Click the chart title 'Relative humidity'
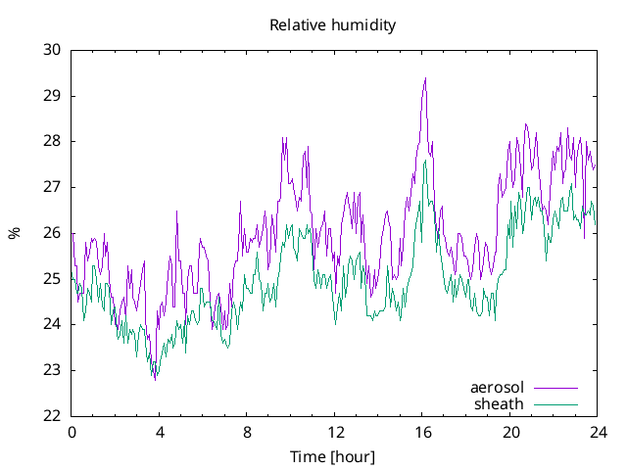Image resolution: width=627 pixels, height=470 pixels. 333,25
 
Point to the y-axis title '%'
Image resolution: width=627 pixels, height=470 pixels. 14,233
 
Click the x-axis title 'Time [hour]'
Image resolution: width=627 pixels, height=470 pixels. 333,456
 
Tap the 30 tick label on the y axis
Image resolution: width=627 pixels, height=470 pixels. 51,50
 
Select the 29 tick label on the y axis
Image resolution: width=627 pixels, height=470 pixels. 51,96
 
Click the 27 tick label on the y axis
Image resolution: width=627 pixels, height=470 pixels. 51,187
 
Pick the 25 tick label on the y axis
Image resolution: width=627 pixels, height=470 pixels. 51,279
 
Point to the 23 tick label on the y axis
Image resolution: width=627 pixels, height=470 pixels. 51,370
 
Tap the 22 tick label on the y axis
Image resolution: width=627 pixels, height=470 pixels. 51,416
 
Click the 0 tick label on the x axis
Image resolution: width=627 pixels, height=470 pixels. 72,432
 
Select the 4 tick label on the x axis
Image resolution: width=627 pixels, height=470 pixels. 159,432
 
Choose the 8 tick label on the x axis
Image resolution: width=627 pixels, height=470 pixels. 247,432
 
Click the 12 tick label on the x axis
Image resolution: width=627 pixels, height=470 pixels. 334,432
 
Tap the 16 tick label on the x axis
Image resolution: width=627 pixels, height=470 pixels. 422,432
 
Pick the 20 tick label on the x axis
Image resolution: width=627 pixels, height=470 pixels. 509,432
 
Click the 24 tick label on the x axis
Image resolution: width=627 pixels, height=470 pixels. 598,432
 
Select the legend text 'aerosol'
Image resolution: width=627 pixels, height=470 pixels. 497,388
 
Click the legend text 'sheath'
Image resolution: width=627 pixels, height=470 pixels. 499,403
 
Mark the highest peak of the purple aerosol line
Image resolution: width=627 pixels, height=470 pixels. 425,78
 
